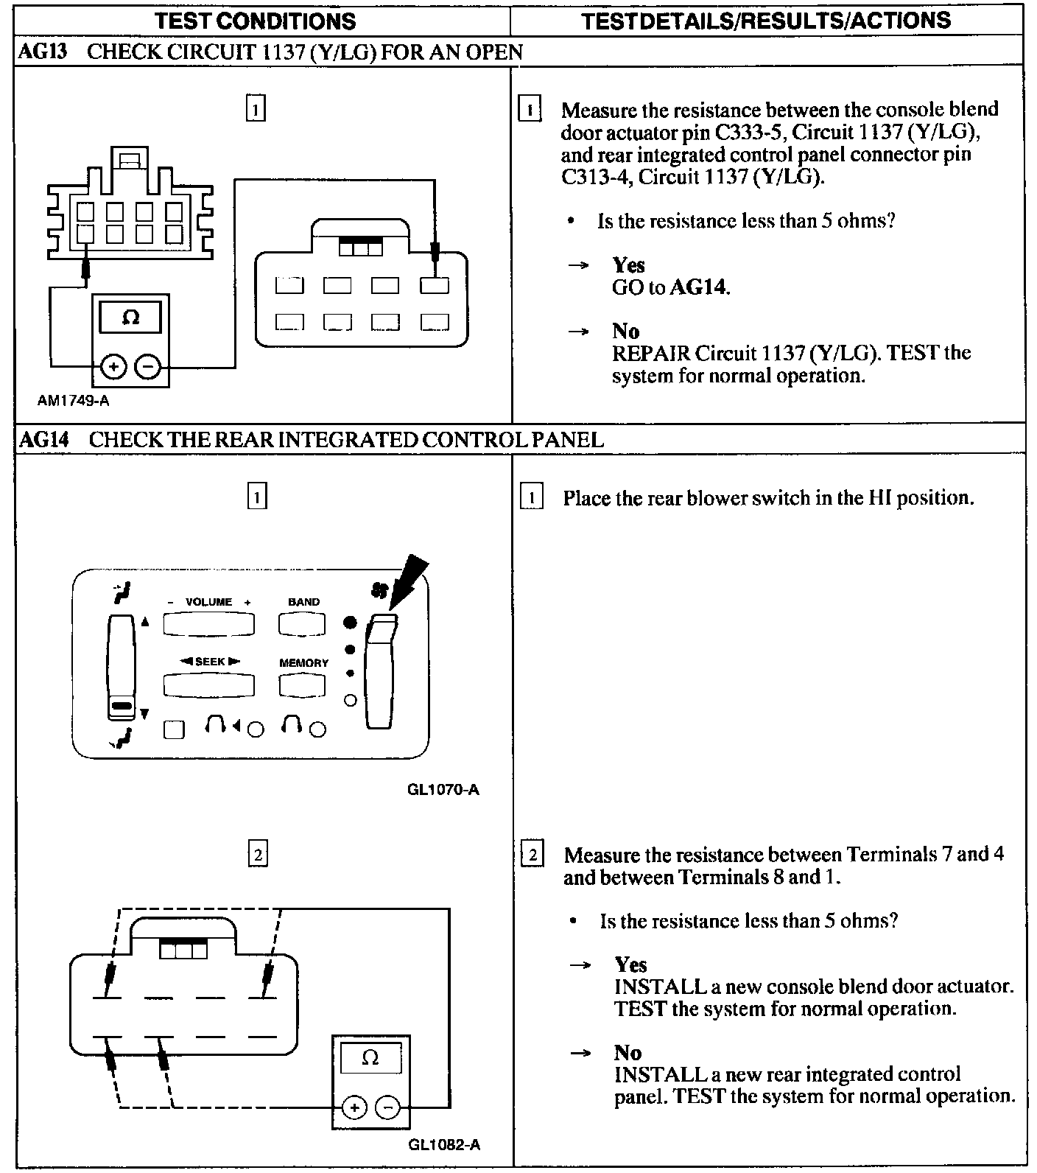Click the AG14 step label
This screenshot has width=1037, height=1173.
44,440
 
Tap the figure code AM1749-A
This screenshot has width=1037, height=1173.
74,401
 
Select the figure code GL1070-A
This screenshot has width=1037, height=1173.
443,790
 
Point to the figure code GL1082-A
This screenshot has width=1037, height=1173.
443,1145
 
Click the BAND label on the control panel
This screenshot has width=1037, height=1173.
303,602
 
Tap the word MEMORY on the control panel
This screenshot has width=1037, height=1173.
303,663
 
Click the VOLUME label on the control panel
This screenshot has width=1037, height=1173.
208,602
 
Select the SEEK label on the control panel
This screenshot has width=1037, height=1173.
210,662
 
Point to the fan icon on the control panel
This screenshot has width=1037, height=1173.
380,590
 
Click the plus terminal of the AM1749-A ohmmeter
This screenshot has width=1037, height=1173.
113,366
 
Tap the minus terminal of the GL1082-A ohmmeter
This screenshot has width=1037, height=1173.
388,1107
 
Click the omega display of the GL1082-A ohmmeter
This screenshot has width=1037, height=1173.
370,1059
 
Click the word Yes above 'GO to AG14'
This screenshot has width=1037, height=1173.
628,265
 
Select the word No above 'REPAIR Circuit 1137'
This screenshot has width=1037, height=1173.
625,332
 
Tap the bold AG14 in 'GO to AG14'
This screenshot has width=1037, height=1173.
698,287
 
